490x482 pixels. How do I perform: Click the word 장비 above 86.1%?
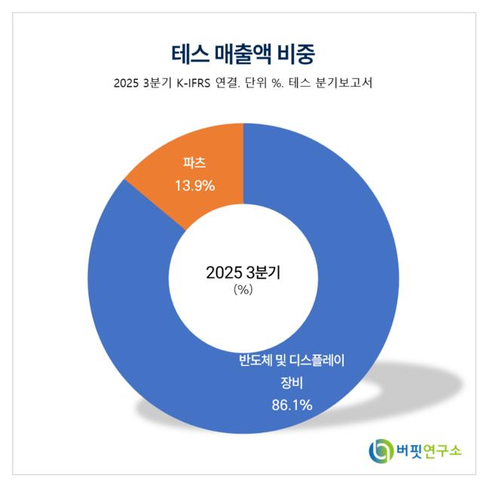click(x=291, y=382)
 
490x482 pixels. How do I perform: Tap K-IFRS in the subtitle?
click(x=198, y=84)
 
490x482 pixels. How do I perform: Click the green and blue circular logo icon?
click(x=379, y=450)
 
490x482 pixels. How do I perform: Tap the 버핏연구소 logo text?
click(x=427, y=450)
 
